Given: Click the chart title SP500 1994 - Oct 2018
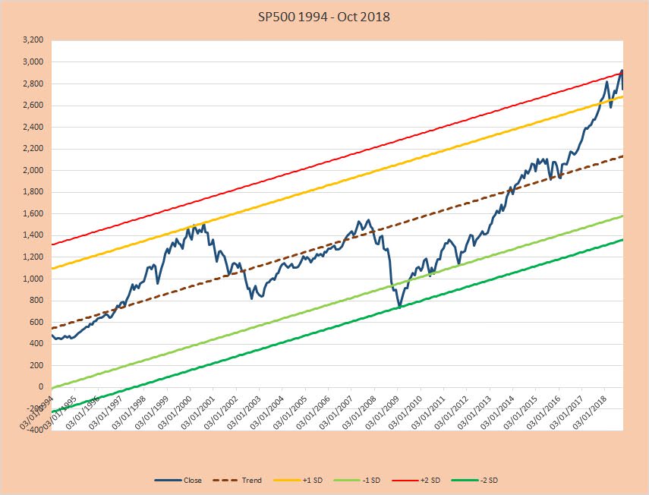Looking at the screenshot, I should point(324,16).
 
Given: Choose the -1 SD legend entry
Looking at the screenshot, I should point(372,480).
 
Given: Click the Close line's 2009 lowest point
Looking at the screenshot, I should point(399,307).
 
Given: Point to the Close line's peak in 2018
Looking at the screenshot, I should point(622,71).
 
